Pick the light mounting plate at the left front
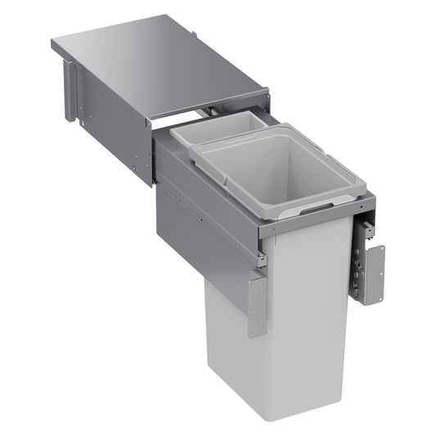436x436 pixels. coord(257,305)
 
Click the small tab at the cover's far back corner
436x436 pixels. coord(194,34)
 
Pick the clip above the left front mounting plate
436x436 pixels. coord(261,260)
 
